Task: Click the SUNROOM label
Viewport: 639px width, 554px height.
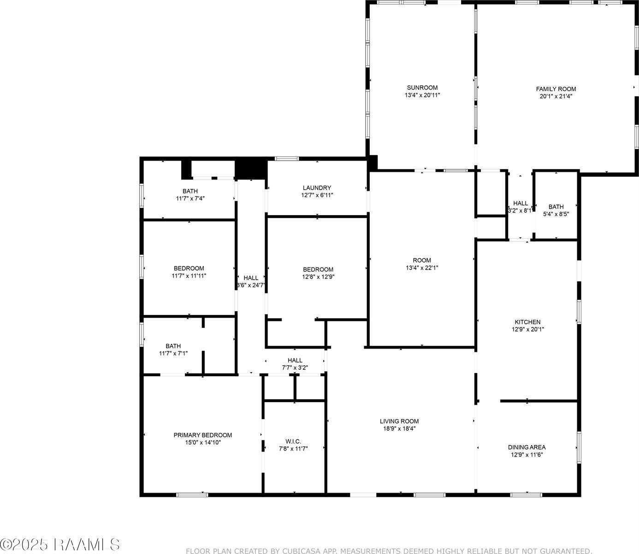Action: click(x=422, y=88)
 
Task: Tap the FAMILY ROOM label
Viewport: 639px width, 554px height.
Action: click(x=556, y=89)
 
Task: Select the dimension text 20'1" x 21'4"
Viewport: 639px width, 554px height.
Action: click(x=556, y=96)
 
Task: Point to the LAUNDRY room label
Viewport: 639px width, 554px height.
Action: click(x=317, y=188)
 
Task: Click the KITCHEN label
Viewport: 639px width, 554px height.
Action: click(x=527, y=322)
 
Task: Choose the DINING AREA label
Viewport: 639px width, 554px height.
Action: click(x=527, y=447)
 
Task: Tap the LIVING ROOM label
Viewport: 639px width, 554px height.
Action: click(x=399, y=421)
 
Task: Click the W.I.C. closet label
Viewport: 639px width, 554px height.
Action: click(x=293, y=441)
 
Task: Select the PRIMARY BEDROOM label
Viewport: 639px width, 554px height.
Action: click(x=202, y=435)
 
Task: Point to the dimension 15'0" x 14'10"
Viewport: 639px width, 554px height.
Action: click(x=202, y=443)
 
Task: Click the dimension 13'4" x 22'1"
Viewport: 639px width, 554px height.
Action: click(x=422, y=268)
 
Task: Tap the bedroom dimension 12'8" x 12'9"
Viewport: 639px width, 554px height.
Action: click(x=318, y=277)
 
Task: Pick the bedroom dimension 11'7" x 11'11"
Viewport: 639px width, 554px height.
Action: click(x=189, y=276)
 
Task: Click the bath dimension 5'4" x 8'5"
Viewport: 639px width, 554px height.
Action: click(x=556, y=214)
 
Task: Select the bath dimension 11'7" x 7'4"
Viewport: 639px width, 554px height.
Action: click(x=189, y=199)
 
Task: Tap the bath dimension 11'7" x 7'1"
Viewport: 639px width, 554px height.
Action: click(x=173, y=354)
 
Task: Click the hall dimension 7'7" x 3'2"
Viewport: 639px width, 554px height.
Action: click(x=295, y=368)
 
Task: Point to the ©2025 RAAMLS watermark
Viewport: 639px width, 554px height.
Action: click(x=60, y=544)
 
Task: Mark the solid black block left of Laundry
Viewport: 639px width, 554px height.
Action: click(x=251, y=169)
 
